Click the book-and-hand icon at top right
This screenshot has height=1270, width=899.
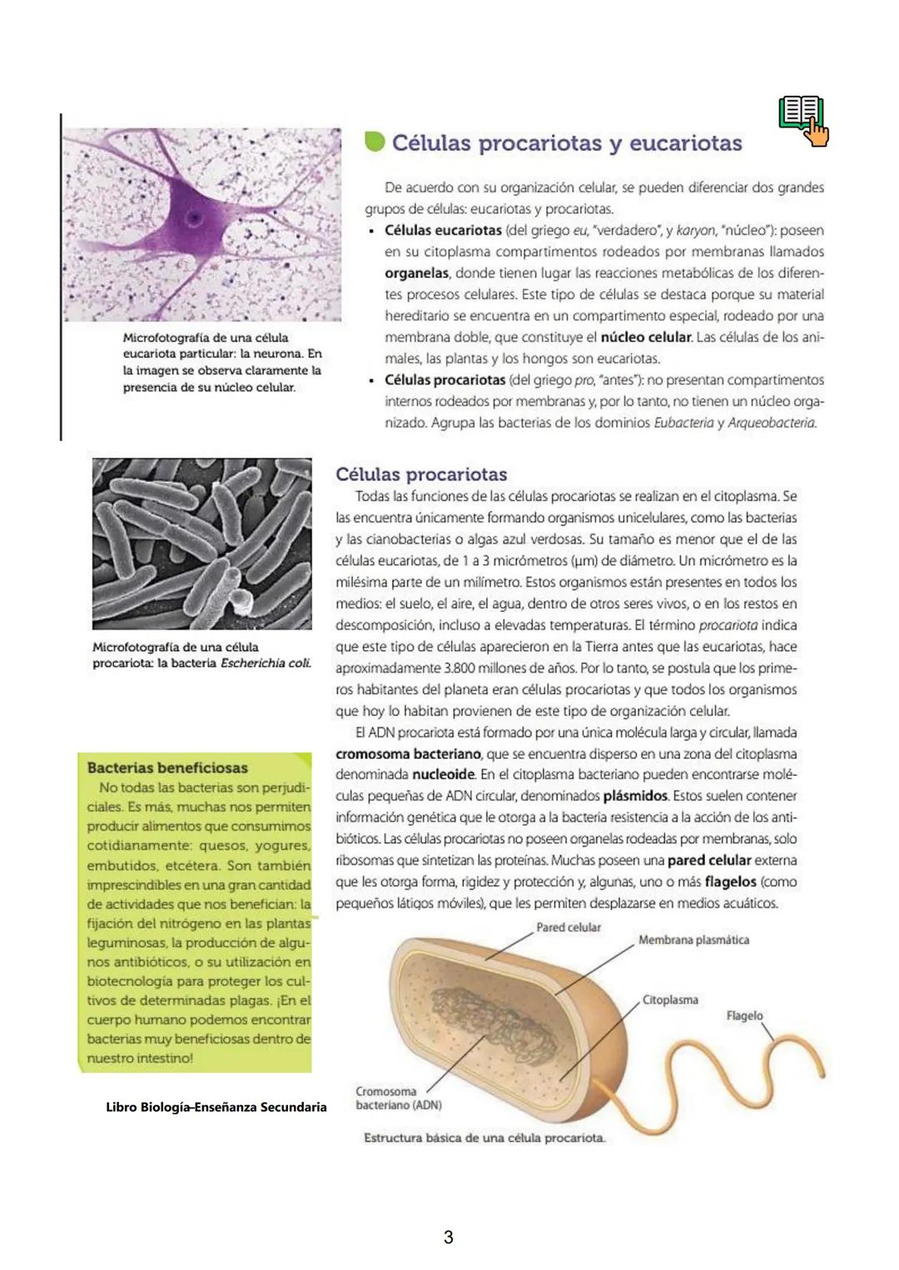pos(803,121)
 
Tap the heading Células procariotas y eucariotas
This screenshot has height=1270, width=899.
pos(566,143)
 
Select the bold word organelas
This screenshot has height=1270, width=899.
pos(416,273)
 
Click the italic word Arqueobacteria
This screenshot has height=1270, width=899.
pos(772,423)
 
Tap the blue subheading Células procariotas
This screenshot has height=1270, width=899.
pos(421,474)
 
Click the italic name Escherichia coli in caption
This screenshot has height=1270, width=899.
pos(266,663)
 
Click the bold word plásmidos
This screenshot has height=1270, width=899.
pos(636,796)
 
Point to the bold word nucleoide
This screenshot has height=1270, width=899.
pos(443,775)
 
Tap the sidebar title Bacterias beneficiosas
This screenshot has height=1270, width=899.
pos(167,767)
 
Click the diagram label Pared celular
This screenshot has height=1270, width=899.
pos(568,927)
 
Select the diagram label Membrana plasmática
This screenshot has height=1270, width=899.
pos(693,940)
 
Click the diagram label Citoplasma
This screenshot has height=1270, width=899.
pos(670,1000)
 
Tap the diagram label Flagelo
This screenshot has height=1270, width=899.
pos(744,1015)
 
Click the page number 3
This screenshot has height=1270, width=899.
pos(449,1238)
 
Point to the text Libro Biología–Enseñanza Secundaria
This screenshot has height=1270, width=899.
pos(216,1107)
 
